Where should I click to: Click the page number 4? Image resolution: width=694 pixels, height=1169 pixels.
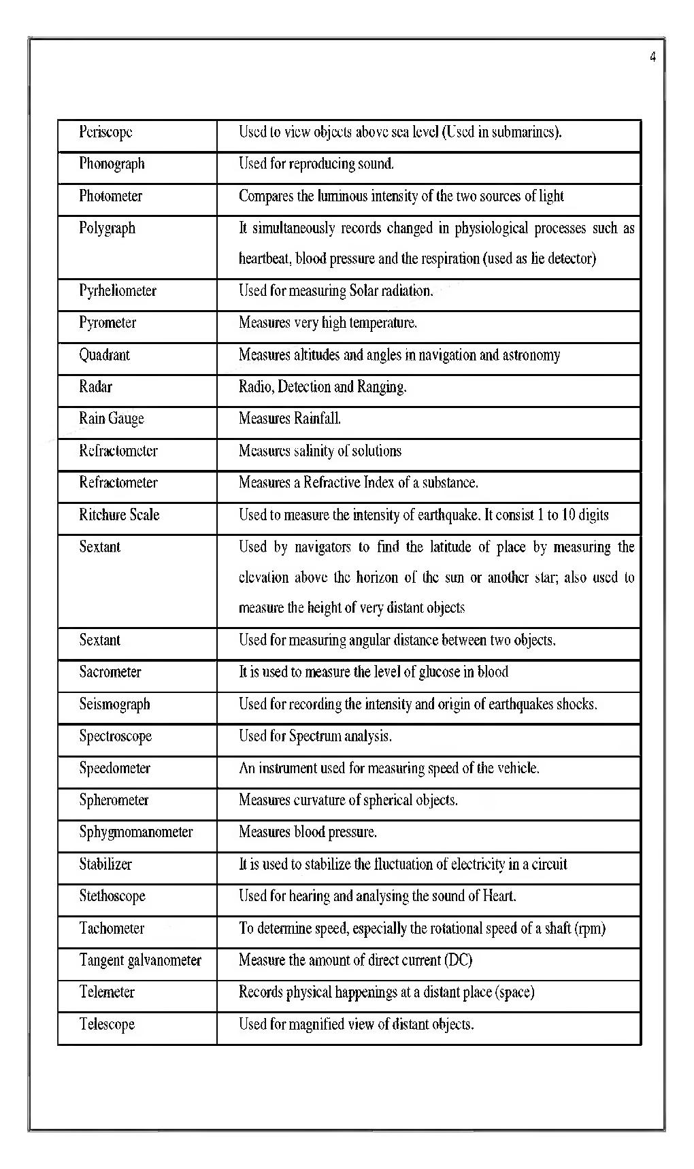click(x=652, y=57)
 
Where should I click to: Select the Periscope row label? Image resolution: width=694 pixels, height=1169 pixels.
click(x=105, y=132)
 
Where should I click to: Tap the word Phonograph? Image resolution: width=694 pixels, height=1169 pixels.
click(x=112, y=164)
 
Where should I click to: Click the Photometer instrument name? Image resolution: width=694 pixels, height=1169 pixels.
click(x=110, y=196)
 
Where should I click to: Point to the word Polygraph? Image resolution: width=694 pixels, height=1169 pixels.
click(x=107, y=228)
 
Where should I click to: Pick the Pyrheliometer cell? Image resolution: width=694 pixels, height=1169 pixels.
click(x=117, y=291)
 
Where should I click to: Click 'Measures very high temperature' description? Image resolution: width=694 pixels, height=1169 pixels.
click(x=327, y=323)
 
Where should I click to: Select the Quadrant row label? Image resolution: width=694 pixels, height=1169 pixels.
click(x=104, y=355)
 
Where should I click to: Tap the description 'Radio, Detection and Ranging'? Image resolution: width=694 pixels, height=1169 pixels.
click(x=322, y=387)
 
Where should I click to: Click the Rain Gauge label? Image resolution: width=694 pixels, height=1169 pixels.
click(x=111, y=419)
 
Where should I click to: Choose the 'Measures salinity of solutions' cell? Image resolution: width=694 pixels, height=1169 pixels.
click(x=320, y=451)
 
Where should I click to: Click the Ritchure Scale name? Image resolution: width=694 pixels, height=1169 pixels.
click(x=119, y=515)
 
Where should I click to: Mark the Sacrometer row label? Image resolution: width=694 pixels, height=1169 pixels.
click(x=110, y=672)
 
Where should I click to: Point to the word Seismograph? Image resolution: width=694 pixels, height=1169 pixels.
click(x=114, y=704)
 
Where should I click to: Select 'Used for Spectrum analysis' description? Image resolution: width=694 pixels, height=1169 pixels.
click(x=315, y=736)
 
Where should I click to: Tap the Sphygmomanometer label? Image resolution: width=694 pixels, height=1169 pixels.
click(x=135, y=832)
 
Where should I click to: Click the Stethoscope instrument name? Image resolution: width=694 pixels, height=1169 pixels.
click(x=112, y=896)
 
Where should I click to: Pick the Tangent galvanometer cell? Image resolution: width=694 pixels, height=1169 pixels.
click(x=140, y=960)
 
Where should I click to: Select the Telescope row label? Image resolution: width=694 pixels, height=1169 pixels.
click(x=107, y=1024)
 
